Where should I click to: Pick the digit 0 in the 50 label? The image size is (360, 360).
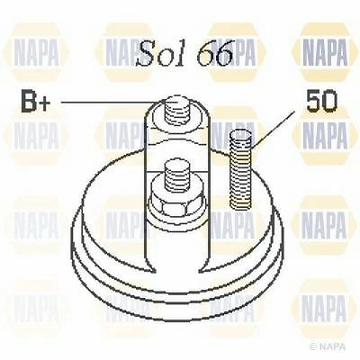tap(324, 101)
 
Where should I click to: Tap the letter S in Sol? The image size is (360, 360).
tap(145, 55)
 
